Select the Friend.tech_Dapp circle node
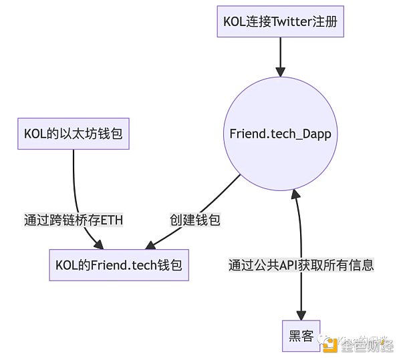coord(280,133)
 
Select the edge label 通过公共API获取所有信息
coord(301,265)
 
